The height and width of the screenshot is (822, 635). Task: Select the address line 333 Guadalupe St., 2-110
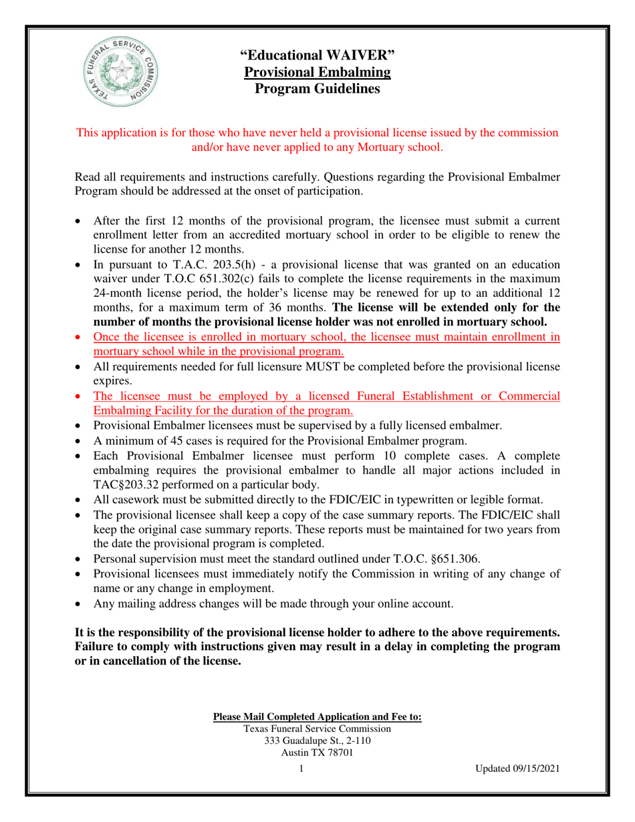pos(317,740)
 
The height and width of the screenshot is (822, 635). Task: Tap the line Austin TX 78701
pos(317,752)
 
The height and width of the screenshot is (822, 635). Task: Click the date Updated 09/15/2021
pos(517,769)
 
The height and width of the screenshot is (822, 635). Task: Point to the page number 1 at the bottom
pos(301,769)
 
